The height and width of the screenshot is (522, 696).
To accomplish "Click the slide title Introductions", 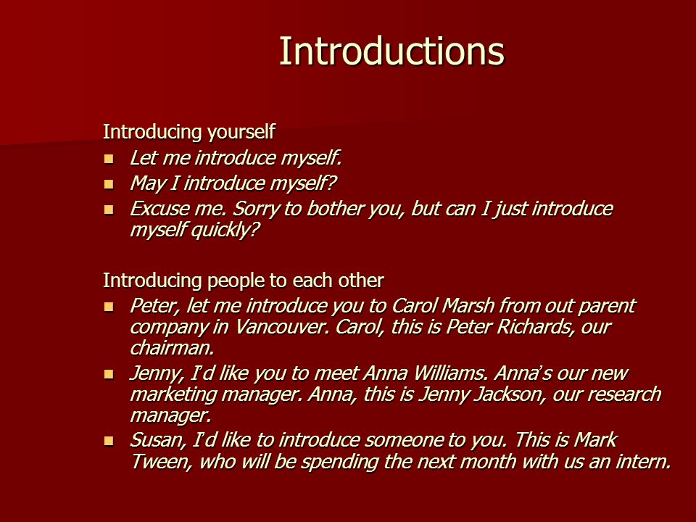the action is click(391, 51).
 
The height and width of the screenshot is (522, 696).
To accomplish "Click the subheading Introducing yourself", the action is click(188, 132).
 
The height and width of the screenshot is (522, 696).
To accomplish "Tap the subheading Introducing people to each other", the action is click(244, 280).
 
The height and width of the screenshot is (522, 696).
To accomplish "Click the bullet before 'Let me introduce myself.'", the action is click(109, 159).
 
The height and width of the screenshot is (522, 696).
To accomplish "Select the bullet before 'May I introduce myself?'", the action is click(109, 183).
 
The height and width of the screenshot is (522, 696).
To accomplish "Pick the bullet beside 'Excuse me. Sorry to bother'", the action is click(109, 209).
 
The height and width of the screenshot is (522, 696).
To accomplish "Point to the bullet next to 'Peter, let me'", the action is click(109, 306).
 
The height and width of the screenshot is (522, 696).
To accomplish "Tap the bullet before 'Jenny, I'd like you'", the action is click(109, 374).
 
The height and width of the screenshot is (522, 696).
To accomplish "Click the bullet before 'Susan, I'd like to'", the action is click(109, 441).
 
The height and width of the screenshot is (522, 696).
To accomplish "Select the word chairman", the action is click(173, 348).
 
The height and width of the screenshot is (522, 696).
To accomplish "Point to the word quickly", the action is click(225, 230).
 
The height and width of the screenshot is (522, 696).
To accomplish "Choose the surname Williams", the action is click(450, 373).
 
